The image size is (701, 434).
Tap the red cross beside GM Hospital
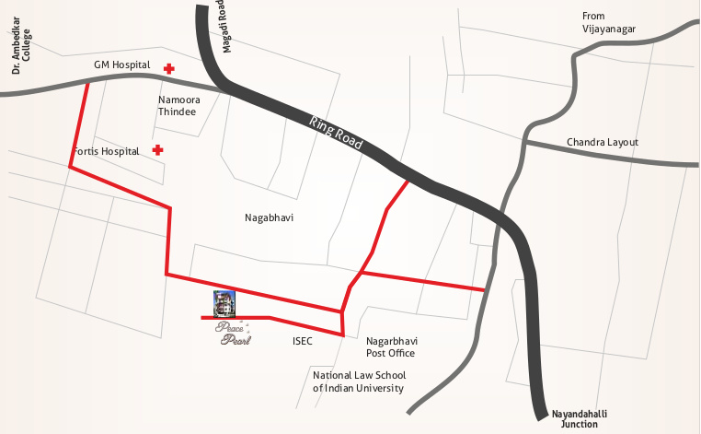click(x=169, y=68)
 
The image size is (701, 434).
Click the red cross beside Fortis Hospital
click(x=158, y=149)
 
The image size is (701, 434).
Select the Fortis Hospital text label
click(x=106, y=150)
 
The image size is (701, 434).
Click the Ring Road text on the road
click(x=337, y=134)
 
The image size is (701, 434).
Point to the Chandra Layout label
click(x=602, y=142)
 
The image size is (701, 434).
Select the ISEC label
click(x=303, y=341)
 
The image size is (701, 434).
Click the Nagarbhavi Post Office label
click(x=391, y=346)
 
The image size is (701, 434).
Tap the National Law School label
click(x=359, y=381)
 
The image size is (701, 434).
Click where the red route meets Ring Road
click(x=408, y=181)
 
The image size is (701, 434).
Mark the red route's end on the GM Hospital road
click(x=87, y=83)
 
